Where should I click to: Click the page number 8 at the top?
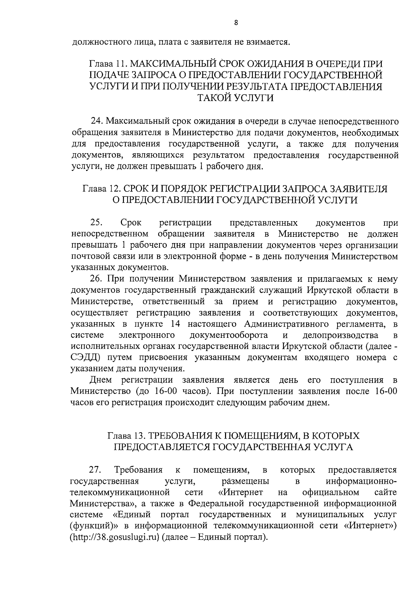click(236, 23)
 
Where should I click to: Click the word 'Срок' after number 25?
click(130, 222)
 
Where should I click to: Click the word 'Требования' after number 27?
click(138, 470)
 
